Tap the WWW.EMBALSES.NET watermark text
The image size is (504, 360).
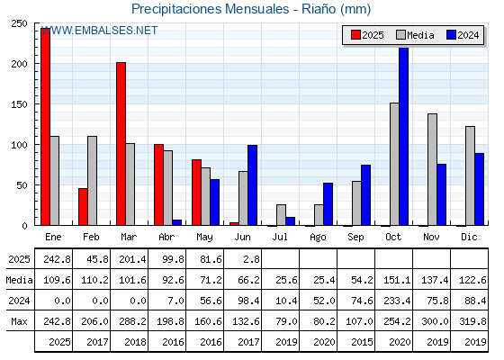click(99, 31)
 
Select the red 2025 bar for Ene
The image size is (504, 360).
click(45, 127)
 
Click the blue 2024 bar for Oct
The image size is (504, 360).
click(404, 136)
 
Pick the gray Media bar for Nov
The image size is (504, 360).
click(432, 169)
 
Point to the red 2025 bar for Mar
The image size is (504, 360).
click(121, 144)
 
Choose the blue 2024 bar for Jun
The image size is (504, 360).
click(252, 185)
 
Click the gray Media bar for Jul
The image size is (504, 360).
click(281, 215)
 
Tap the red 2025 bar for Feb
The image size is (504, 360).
click(83, 207)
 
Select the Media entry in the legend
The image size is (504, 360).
click(415, 35)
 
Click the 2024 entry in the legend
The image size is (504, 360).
click(463, 35)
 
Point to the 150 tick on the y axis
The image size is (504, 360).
click(19, 104)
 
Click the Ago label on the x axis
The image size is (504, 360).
click(318, 238)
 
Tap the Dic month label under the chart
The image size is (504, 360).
click(469, 237)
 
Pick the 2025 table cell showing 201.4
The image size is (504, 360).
click(132, 259)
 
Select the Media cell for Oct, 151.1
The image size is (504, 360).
click(397, 280)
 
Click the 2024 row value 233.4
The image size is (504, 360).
click(397, 301)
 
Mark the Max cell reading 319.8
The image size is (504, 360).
click(472, 321)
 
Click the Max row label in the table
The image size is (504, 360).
click(19, 321)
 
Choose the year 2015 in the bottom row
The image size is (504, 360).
click(362, 342)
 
